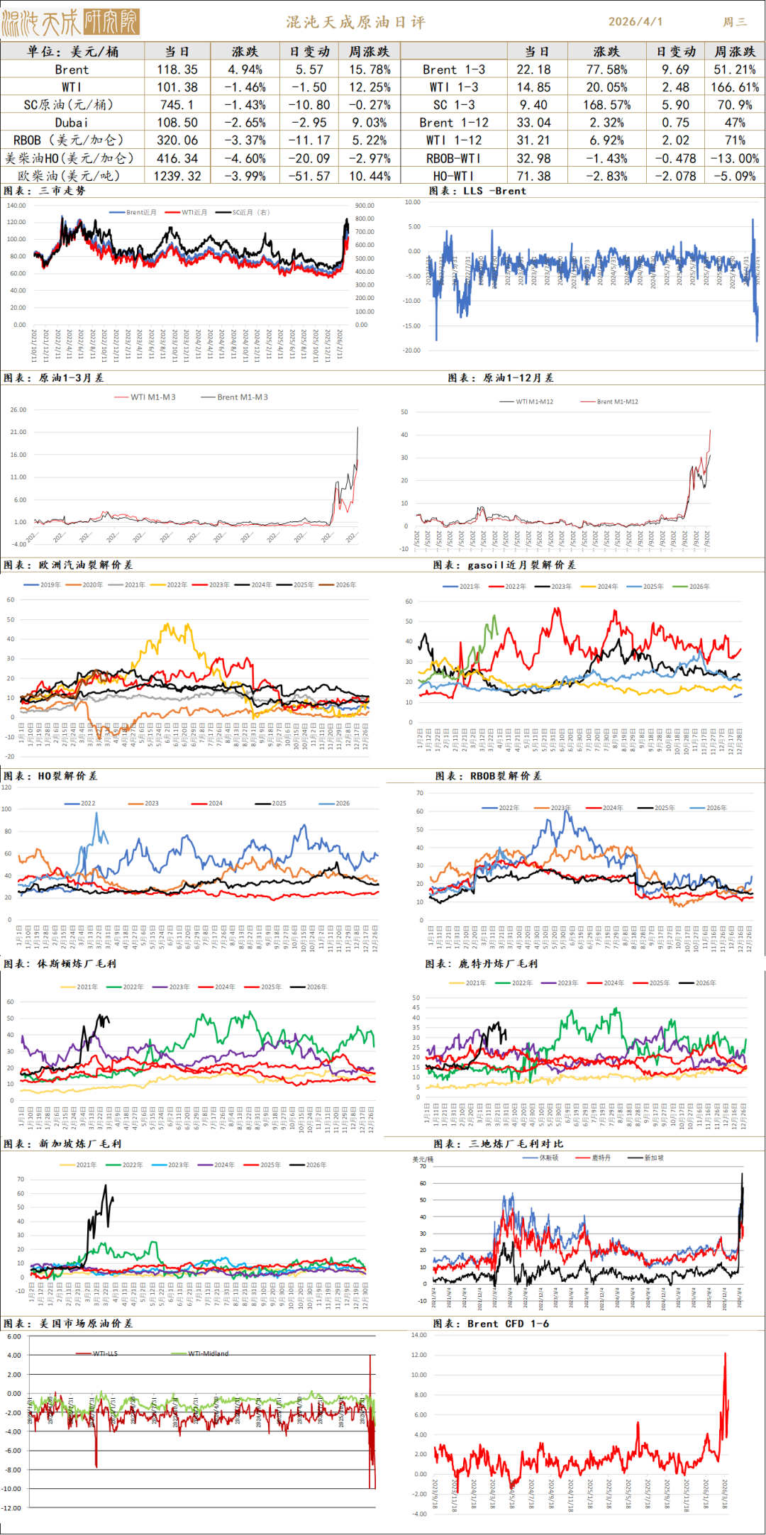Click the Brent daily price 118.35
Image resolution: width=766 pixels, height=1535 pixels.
tap(177, 70)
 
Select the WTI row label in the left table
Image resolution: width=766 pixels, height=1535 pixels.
tap(72, 87)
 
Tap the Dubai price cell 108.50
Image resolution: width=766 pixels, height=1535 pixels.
tap(177, 123)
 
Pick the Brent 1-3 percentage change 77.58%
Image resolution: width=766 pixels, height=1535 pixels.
tap(606, 70)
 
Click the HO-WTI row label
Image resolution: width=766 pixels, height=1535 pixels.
tap(454, 176)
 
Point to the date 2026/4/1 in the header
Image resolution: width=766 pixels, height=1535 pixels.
tap(635, 22)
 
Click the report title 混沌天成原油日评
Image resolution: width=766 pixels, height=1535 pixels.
tap(356, 22)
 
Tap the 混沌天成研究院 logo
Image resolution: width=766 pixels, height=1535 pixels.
tap(70, 23)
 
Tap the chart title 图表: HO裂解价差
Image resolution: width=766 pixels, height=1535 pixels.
tap(50, 776)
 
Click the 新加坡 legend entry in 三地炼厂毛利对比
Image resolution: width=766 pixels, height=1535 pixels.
tap(653, 1158)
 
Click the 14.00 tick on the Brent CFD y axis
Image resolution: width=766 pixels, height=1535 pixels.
tap(419, 1335)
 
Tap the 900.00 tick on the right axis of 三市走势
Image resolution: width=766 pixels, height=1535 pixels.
tap(365, 206)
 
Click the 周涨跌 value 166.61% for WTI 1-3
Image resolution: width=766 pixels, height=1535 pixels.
tap(735, 87)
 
